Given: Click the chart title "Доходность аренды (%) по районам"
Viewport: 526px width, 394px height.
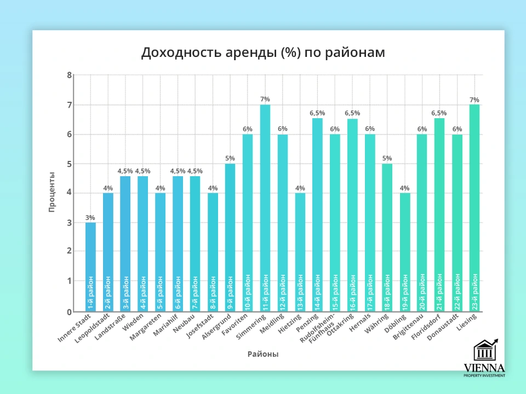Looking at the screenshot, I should point(263,53).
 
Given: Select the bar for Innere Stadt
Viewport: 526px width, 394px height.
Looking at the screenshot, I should point(90,267).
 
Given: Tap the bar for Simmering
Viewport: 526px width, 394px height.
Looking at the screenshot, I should point(265,208).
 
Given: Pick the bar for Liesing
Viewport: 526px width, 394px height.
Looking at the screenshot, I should point(474,208).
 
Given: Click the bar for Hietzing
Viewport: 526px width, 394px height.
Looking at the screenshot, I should point(300,252).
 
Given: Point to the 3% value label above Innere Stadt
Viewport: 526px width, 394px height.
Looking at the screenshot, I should point(90,217).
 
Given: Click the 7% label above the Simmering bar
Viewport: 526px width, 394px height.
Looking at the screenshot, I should point(265,99).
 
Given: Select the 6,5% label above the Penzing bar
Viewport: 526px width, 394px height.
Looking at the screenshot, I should point(317,113).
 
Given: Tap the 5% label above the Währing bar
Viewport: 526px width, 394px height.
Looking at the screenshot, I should point(387,159).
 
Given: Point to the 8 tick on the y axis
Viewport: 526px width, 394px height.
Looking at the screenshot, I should point(70,75).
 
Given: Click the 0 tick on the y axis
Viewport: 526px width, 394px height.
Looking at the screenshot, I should point(70,312).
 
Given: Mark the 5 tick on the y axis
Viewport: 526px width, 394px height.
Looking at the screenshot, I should point(70,164).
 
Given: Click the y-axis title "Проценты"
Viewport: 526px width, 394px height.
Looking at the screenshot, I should point(51,192).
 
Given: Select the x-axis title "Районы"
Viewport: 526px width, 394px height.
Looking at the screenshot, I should point(263,354).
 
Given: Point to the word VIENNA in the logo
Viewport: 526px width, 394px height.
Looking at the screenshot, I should point(484,368).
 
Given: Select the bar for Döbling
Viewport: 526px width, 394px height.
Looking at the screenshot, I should point(404,252).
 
